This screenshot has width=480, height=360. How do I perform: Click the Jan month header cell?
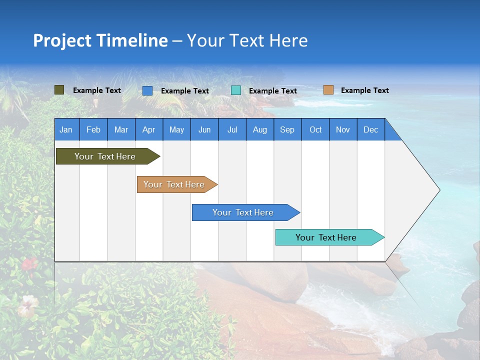(66, 129)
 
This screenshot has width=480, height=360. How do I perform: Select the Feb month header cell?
(93, 129)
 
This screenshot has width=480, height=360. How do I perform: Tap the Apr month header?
(149, 129)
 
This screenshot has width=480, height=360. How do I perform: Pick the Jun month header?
(204, 129)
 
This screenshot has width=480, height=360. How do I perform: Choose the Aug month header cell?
(260, 129)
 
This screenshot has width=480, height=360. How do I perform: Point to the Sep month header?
(287, 129)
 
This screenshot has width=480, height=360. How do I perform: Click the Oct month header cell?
(315, 129)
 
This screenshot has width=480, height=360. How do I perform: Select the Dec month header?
(371, 129)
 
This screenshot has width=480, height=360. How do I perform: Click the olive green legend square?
(59, 90)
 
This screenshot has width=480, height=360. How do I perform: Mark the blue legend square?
(147, 90)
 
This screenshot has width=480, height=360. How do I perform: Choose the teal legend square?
(236, 90)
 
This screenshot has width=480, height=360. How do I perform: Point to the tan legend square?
(328, 90)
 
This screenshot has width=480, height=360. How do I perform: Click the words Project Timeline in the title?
(100, 40)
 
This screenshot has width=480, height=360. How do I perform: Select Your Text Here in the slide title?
(247, 40)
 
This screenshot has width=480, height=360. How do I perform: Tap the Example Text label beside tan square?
(364, 90)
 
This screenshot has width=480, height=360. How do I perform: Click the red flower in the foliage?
(29, 263)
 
